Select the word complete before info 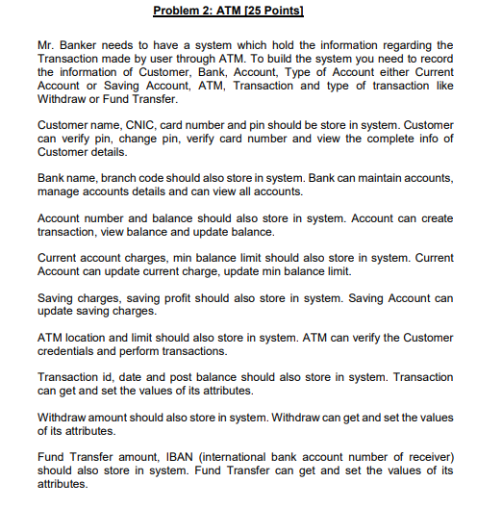[x=367, y=139]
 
